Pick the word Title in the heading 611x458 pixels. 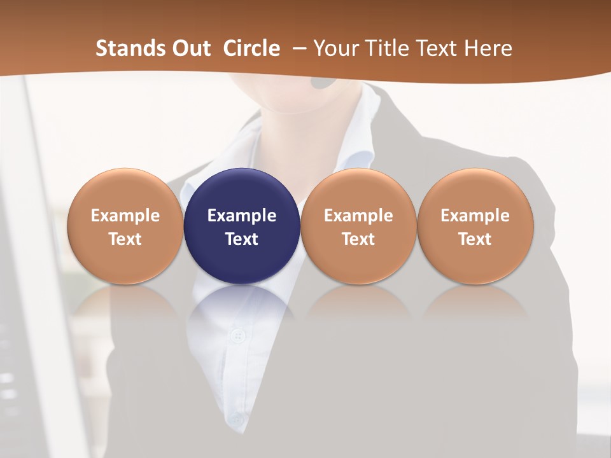(386, 48)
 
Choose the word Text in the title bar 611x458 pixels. (437, 48)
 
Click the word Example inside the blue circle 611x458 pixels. (242, 216)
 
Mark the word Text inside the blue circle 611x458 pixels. (242, 239)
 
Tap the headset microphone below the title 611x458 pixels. (324, 82)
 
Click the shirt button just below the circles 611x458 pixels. (238, 335)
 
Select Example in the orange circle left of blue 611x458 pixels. (125, 216)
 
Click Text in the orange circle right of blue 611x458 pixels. (358, 239)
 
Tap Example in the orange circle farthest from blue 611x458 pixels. (475, 216)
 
